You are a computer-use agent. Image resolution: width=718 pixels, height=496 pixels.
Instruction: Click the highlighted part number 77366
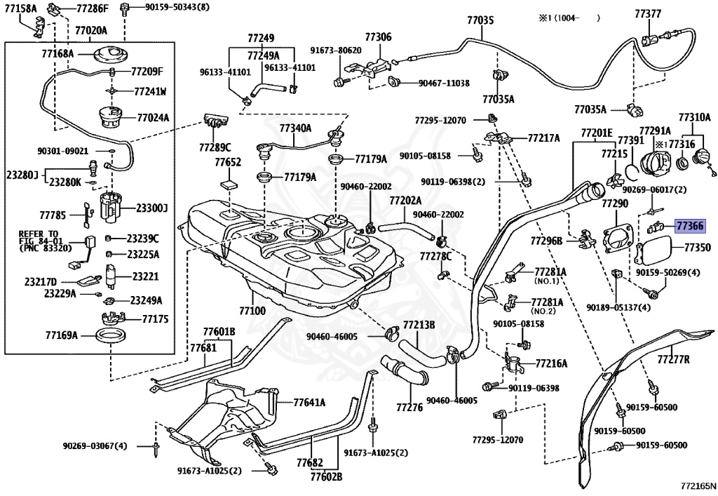(690, 225)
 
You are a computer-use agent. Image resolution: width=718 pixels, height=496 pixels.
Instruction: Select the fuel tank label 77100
(252, 311)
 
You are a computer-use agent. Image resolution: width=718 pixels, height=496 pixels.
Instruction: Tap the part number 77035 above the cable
(480, 20)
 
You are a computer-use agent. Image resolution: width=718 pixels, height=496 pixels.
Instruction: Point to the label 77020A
(91, 31)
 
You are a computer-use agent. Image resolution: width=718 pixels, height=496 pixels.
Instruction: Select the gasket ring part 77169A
(110, 336)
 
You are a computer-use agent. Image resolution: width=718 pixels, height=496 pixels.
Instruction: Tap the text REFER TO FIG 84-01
(39, 237)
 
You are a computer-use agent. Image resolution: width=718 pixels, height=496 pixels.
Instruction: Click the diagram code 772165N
(698, 484)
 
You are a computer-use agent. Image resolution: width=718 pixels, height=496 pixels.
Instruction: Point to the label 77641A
(309, 403)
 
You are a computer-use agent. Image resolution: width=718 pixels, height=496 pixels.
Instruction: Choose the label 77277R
(673, 359)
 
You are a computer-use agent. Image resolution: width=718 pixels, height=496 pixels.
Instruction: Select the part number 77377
(648, 14)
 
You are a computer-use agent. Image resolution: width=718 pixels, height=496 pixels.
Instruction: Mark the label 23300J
(151, 208)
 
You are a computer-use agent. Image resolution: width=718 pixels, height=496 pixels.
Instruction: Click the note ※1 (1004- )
(569, 18)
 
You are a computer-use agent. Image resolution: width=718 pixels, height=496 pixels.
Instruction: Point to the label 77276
(409, 407)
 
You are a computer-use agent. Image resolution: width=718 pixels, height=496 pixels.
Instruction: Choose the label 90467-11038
(444, 83)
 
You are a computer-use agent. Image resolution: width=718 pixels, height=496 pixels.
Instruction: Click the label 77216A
(551, 363)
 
